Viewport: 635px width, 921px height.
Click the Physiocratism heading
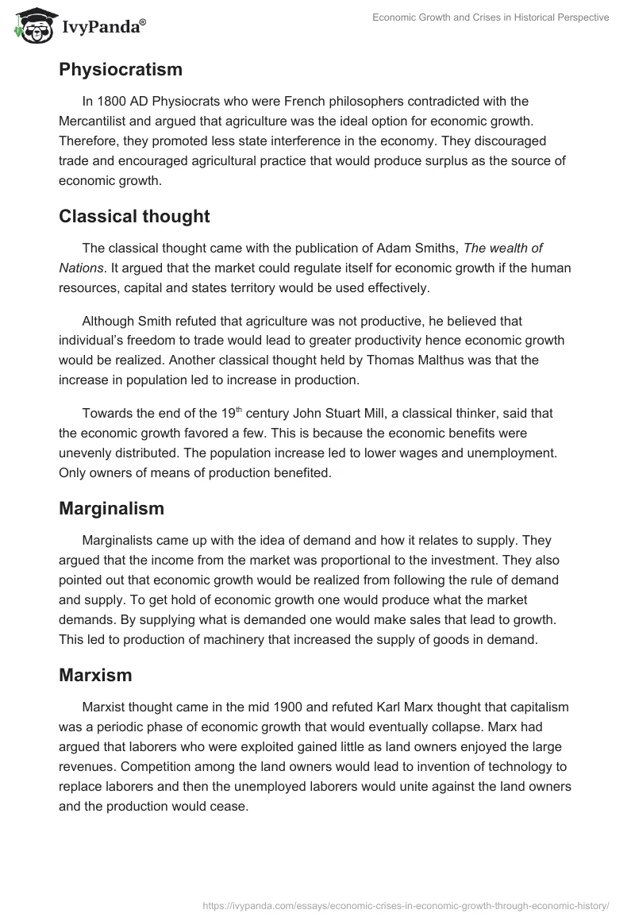coord(121,69)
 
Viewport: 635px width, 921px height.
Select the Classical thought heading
coord(134,215)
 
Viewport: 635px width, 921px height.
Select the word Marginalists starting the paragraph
coord(121,540)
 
